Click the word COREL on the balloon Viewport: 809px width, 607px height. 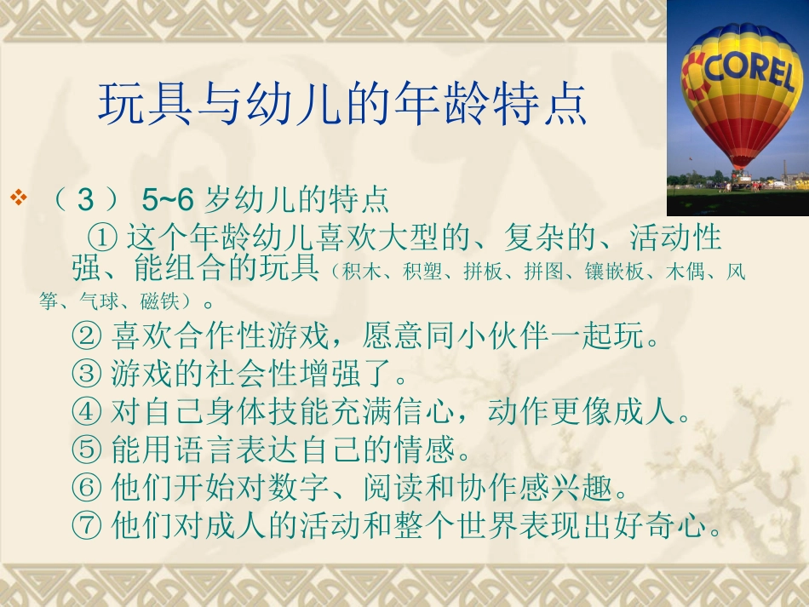coord(749,72)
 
